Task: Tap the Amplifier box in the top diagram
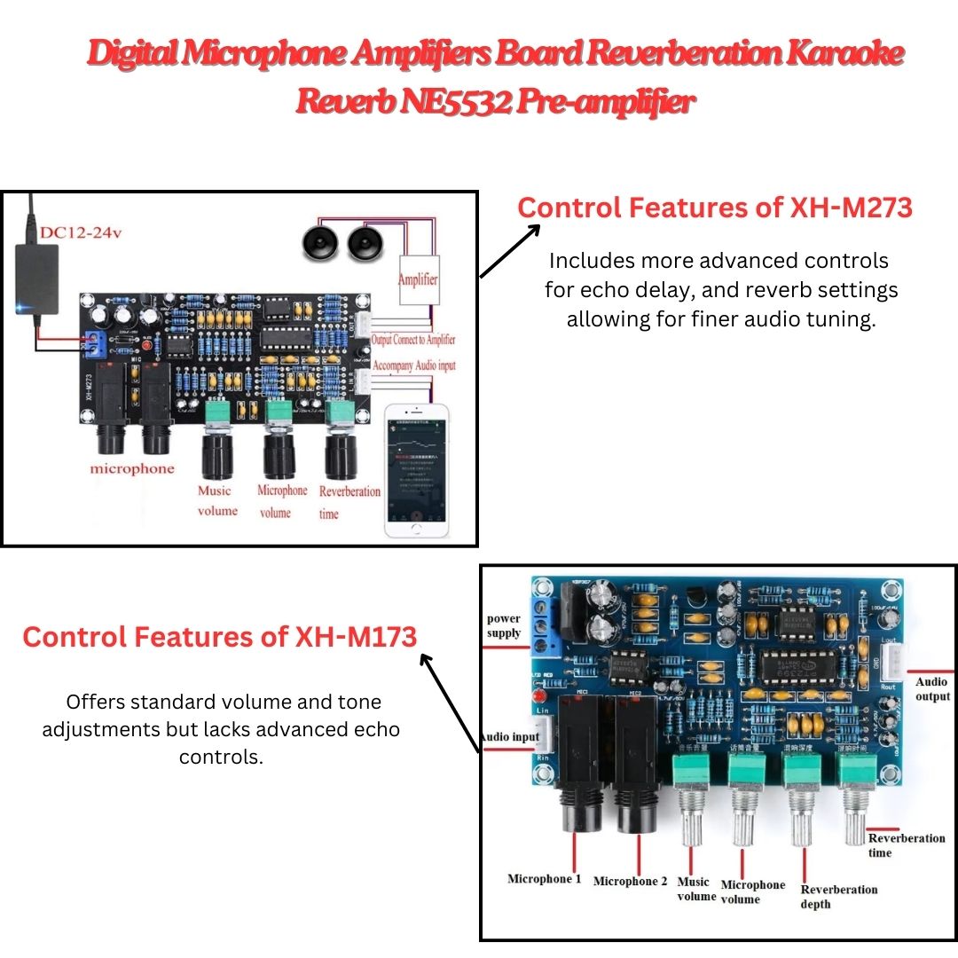point(417,279)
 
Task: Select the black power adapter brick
point(37,277)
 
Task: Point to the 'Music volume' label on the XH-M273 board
point(216,500)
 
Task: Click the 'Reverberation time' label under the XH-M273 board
point(349,502)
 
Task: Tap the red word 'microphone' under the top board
point(132,468)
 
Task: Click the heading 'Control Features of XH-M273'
point(714,208)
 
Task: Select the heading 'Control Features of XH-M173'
point(219,637)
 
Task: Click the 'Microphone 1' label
point(544,879)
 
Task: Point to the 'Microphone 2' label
point(630,881)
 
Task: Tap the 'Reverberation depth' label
point(838,896)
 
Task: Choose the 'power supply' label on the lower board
point(504,625)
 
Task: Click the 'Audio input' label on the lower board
point(508,737)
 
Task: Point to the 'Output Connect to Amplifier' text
point(413,340)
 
